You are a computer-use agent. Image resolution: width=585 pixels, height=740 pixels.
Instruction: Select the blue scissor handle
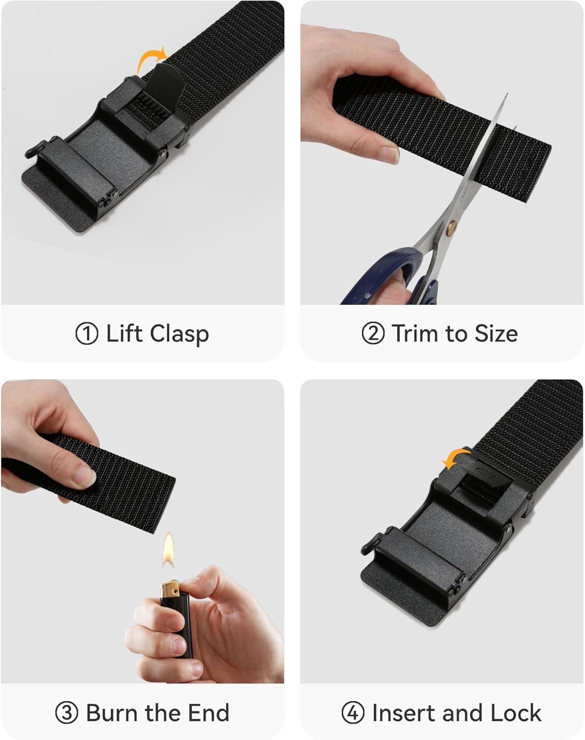(x=382, y=277)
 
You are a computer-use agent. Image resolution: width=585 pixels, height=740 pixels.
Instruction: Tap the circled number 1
(x=87, y=333)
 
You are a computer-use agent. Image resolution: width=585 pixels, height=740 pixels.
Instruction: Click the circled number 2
(x=373, y=333)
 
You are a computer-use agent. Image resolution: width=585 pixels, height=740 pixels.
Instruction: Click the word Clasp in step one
(x=179, y=334)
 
